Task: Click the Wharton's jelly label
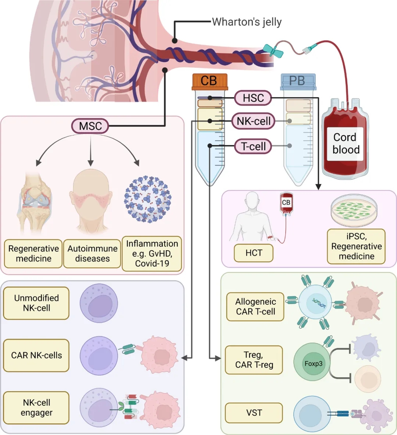coord(247,22)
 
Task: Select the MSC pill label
coord(90,126)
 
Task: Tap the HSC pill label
coord(253,98)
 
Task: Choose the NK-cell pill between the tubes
coord(253,121)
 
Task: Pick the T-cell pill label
coord(253,146)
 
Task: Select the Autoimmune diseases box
coord(92,254)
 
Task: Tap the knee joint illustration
coord(34,201)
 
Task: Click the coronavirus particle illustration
coord(148,199)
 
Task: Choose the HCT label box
coord(254,253)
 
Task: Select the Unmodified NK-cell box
coord(36,303)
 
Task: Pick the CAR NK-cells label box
coord(36,355)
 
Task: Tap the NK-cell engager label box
coord(36,407)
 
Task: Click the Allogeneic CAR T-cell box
coord(255,307)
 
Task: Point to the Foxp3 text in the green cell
coord(313,364)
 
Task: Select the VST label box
coord(254,413)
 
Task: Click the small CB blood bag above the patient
coord(286,203)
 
